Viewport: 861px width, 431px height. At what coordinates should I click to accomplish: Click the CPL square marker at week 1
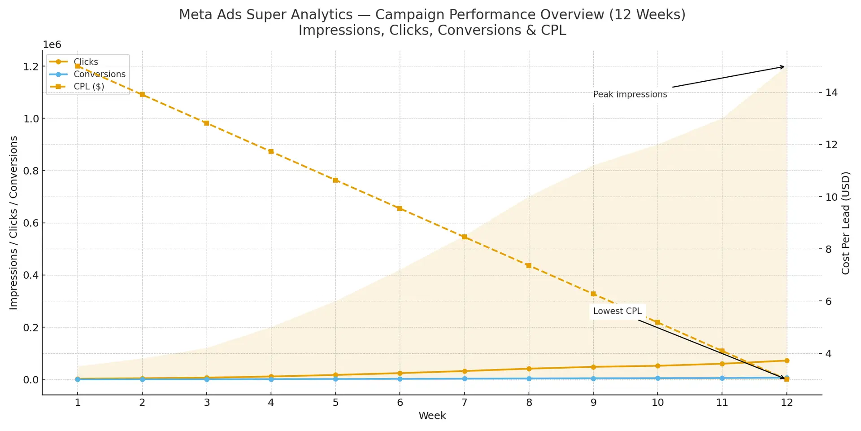pos(78,66)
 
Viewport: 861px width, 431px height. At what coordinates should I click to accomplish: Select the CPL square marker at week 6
pos(400,208)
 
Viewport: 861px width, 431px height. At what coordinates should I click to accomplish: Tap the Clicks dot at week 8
pos(529,369)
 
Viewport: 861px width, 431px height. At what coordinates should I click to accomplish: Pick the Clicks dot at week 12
pos(787,361)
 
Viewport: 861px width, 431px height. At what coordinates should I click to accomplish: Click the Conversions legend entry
pos(99,74)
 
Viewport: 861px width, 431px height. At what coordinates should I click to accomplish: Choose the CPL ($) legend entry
pos(89,86)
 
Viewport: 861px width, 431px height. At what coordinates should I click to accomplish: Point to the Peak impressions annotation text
pos(630,94)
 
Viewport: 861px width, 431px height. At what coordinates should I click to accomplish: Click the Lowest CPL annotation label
pos(617,311)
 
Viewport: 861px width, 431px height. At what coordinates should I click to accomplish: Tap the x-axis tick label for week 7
pos(464,402)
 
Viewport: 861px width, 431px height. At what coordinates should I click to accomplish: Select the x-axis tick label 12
pos(787,402)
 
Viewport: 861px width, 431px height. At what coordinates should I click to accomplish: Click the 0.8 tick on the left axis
pos(31,171)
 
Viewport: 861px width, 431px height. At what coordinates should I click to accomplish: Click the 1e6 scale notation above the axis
pos(52,44)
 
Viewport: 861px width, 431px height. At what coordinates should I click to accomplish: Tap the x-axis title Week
pos(432,416)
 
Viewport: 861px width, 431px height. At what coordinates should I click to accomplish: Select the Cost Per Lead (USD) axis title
pos(846,223)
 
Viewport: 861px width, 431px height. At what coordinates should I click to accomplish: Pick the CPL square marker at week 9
pos(593,294)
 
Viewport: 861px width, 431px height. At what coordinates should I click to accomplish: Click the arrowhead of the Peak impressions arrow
pos(783,67)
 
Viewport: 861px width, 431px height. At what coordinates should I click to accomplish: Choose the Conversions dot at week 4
pos(271,379)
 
